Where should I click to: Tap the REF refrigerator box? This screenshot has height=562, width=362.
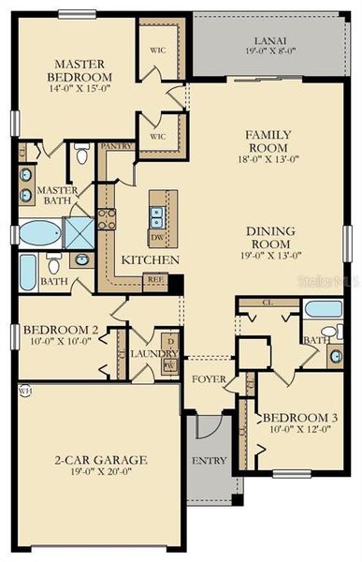tap(153, 279)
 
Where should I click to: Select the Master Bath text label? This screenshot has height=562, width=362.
tap(56, 196)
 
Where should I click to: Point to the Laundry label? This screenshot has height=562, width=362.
tap(148, 353)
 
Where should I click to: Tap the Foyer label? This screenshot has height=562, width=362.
tap(206, 379)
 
